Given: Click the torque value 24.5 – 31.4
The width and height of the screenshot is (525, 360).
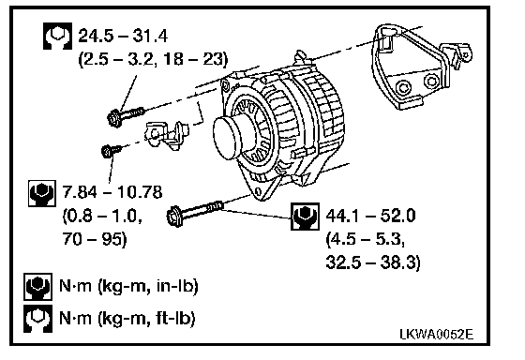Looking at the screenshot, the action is pos(123,36).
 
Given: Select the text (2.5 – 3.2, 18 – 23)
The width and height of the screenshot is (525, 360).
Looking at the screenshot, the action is pos(153,59).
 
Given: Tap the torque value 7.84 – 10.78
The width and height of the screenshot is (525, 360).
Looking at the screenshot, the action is pos(112,192).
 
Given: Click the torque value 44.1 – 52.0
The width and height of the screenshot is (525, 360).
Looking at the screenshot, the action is pos(370,215).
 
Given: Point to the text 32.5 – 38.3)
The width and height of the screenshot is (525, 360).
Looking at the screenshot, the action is pos(373,262).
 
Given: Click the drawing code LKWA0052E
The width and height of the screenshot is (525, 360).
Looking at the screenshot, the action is pos(437,334).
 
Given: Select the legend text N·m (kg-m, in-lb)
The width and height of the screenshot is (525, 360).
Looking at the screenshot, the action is pos(128,286).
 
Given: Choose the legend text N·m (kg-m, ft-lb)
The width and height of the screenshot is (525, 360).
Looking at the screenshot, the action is pos(127,318).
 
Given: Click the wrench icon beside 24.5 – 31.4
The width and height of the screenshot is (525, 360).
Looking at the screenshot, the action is pos(57,37).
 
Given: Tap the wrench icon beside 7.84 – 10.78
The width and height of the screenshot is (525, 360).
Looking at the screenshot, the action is pos(42,193).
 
